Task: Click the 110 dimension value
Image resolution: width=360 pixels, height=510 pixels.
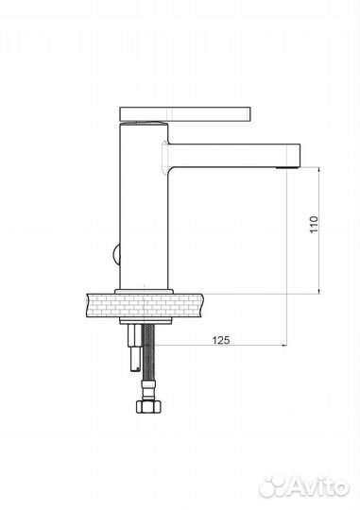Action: pyautogui.click(x=313, y=224)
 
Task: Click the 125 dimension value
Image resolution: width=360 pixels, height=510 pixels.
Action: pyautogui.click(x=221, y=340)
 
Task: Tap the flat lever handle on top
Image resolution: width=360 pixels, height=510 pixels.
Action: pyautogui.click(x=185, y=114)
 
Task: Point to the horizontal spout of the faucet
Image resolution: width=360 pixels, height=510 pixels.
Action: pyautogui.click(x=233, y=156)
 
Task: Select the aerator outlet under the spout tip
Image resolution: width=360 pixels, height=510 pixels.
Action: pyautogui.click(x=288, y=168)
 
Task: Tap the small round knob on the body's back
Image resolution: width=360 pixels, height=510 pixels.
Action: pyautogui.click(x=116, y=254)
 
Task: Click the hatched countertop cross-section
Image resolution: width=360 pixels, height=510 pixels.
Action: pyautogui.click(x=145, y=305)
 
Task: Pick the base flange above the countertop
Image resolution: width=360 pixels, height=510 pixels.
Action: pyautogui.click(x=144, y=292)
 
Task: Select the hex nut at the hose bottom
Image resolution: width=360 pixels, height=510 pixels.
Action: pyautogui.click(x=148, y=406)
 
